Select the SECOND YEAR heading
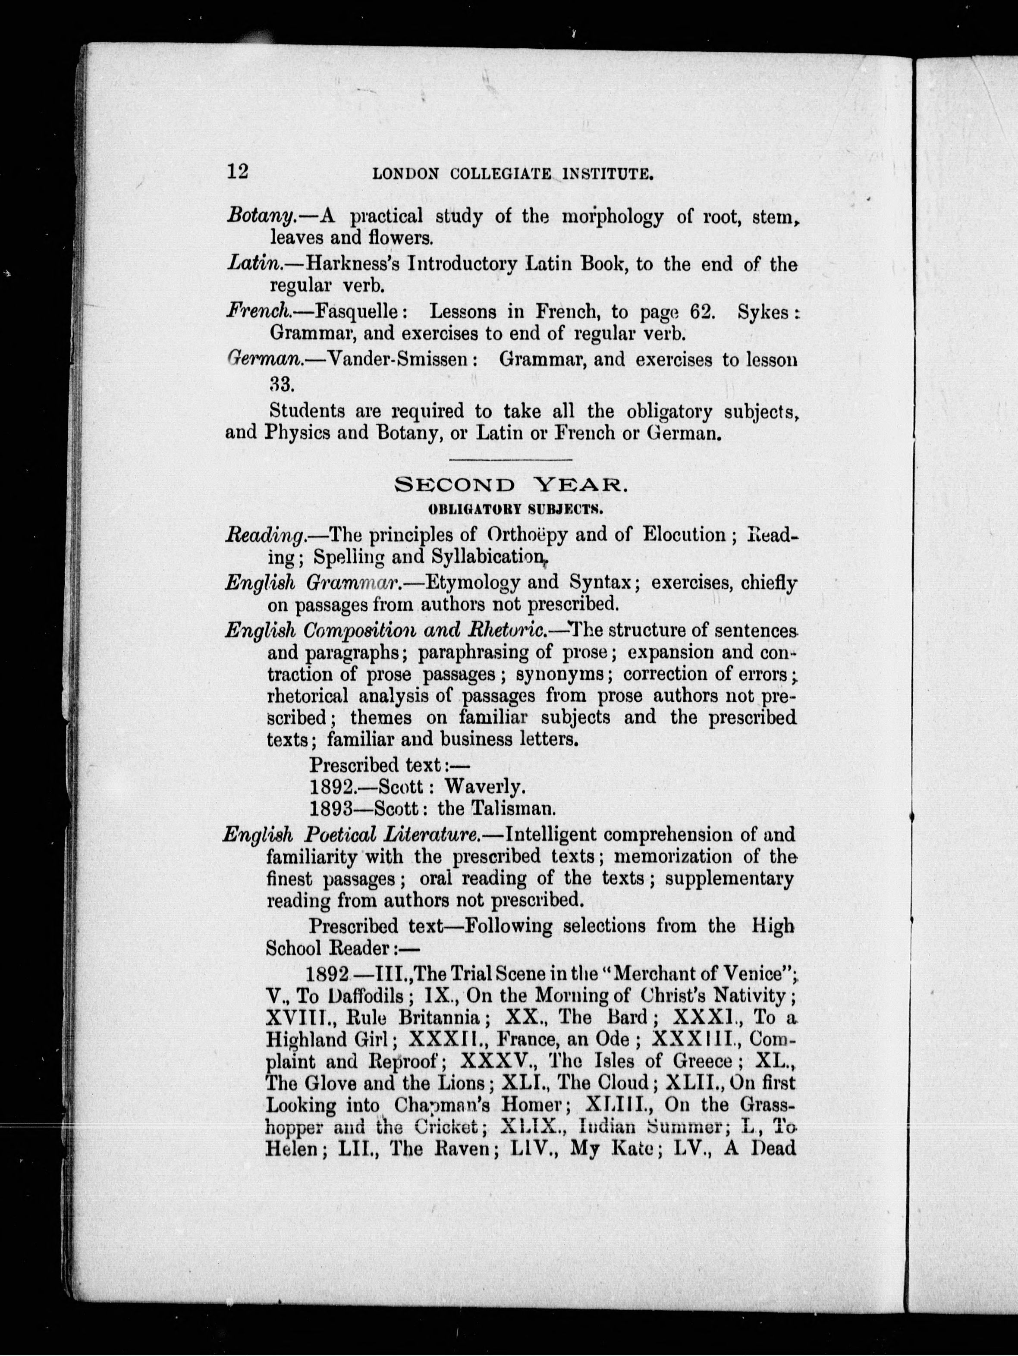click(x=511, y=486)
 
